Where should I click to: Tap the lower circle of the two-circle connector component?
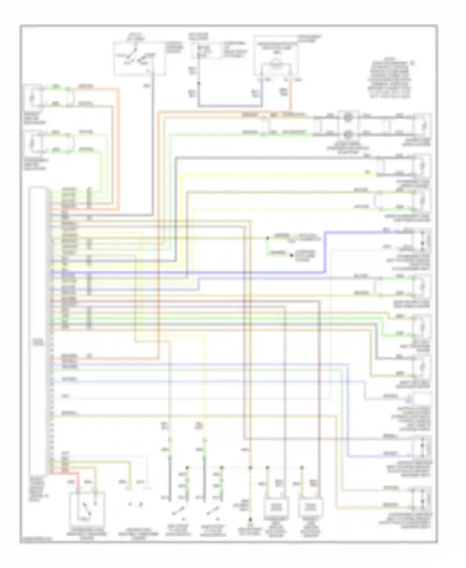coord(348,134)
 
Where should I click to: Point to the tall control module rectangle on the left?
coord(38,331)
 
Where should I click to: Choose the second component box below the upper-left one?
coord(33,143)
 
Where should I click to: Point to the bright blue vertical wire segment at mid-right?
coord(325,252)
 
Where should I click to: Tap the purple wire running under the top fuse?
coord(230,106)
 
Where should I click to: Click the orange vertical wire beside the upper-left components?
coord(118,149)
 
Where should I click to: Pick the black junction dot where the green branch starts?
coord(267,238)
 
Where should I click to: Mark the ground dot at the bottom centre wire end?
coord(250,519)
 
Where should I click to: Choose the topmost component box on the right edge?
coord(422,126)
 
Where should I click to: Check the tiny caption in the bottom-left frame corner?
coord(36,540)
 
